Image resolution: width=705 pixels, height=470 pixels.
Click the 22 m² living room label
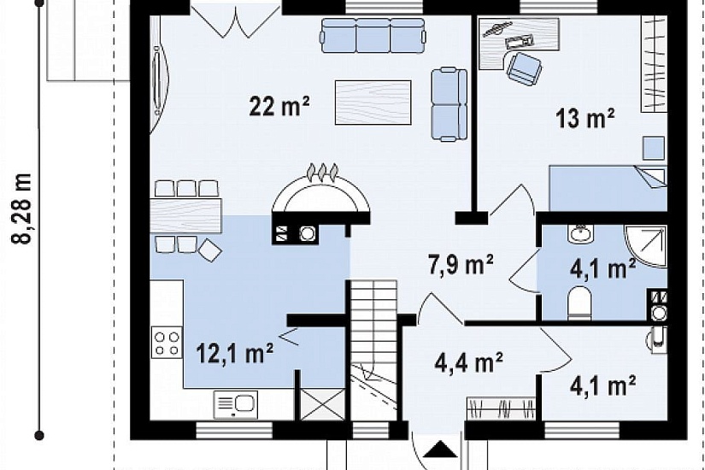point(279,107)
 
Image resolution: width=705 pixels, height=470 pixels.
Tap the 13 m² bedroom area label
point(585,119)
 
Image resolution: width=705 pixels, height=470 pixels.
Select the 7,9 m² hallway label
point(461,264)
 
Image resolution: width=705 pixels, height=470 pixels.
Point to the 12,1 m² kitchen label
point(235,353)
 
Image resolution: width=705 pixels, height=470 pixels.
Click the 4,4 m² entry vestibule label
point(468,362)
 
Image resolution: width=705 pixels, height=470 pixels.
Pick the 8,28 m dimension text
point(21,209)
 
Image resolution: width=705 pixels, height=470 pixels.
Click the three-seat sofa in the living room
point(373,36)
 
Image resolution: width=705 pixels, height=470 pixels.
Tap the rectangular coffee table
point(373,103)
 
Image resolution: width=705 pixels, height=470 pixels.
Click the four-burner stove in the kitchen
point(167,343)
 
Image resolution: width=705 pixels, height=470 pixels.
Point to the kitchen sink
point(236,404)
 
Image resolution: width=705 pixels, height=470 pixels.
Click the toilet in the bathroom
point(579,303)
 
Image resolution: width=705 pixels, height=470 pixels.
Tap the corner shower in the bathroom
point(646,246)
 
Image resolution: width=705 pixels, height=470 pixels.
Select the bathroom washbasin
point(581,234)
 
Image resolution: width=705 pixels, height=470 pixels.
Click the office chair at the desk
point(524,68)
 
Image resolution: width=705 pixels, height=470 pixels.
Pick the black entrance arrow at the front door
point(441,449)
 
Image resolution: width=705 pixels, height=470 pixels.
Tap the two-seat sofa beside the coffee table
point(449,104)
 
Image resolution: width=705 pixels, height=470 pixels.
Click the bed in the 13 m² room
point(608,189)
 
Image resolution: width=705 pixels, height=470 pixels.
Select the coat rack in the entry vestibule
point(501,408)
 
